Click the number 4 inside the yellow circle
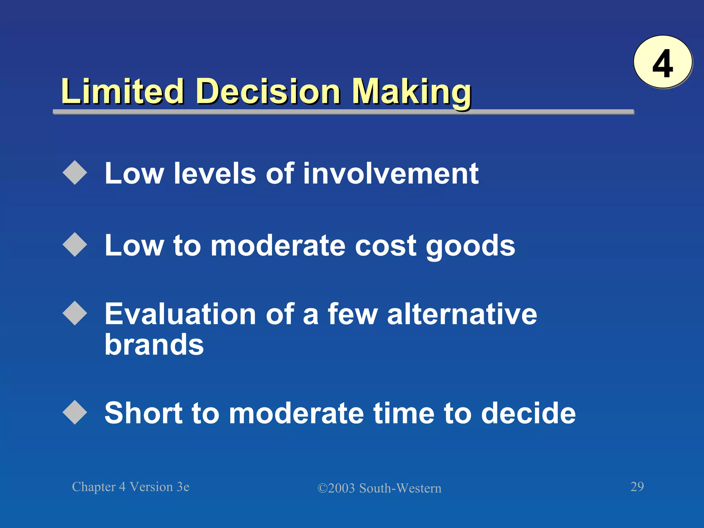click(x=662, y=64)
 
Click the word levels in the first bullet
click(x=215, y=173)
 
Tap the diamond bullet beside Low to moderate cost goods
click(x=75, y=245)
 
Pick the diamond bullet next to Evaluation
click(x=75, y=313)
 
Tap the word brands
click(x=154, y=344)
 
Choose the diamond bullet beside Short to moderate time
click(x=75, y=412)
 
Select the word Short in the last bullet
click(x=143, y=413)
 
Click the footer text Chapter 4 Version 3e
click(x=131, y=487)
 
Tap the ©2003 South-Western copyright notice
click(x=379, y=488)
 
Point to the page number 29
click(x=637, y=486)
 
